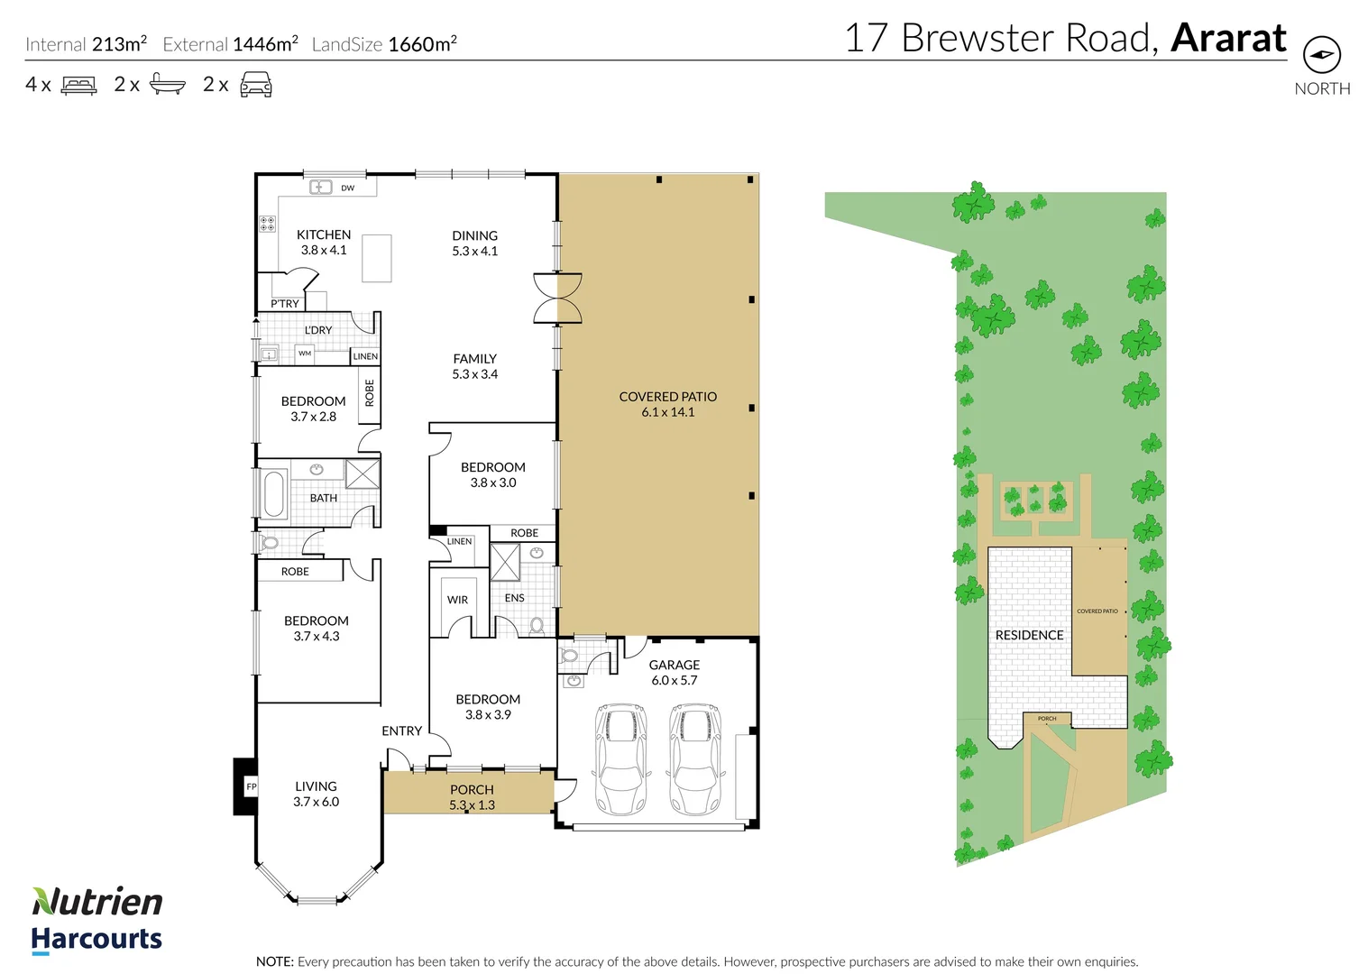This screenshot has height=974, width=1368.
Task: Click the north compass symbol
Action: tap(1321, 55)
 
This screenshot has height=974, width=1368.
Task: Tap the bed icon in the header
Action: tap(78, 86)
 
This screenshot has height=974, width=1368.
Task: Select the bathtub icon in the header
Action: tap(167, 85)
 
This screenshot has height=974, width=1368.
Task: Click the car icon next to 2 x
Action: tap(255, 85)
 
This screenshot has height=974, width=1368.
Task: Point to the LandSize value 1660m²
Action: tap(422, 44)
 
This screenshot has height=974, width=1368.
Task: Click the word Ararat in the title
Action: tap(1228, 38)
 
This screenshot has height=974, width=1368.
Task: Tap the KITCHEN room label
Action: tap(324, 234)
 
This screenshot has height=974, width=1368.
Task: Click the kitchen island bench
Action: tap(377, 258)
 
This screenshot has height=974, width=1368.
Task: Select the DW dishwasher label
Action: tap(347, 188)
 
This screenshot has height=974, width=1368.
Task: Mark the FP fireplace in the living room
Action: tap(250, 786)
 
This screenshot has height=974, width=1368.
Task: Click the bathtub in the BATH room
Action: tap(272, 493)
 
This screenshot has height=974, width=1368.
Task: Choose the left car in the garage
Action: tap(621, 758)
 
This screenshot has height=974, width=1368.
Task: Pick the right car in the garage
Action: tap(695, 758)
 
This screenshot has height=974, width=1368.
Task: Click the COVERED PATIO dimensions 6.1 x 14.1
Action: tap(668, 412)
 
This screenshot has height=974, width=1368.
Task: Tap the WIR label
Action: tap(457, 600)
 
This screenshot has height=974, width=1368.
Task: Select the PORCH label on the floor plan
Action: tap(472, 789)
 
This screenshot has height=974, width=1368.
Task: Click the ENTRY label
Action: tap(401, 730)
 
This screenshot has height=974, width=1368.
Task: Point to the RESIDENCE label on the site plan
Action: tap(1029, 635)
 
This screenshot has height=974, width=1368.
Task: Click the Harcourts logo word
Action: tap(96, 939)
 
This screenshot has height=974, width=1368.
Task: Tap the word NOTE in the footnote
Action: tap(274, 961)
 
